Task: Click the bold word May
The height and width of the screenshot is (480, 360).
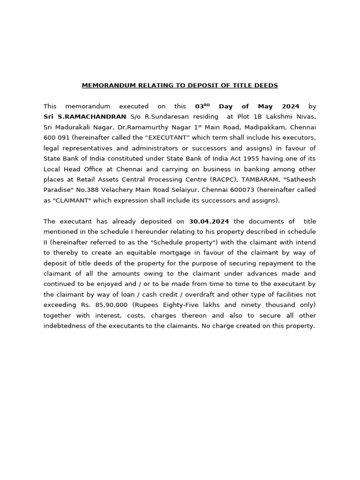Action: (265, 106)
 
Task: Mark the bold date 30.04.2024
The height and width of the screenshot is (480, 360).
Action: (210, 221)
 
